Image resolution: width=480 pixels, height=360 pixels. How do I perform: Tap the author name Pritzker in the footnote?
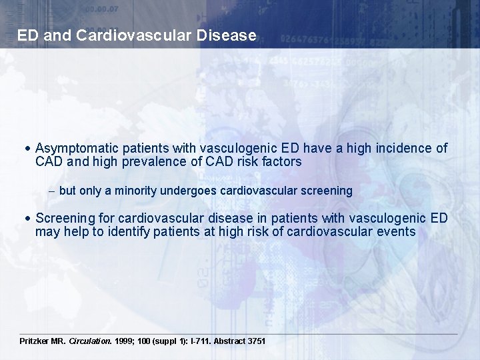(x=37, y=341)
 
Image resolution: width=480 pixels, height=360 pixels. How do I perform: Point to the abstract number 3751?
(x=257, y=341)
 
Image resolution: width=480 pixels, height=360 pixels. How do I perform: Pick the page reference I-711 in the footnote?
(x=198, y=341)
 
